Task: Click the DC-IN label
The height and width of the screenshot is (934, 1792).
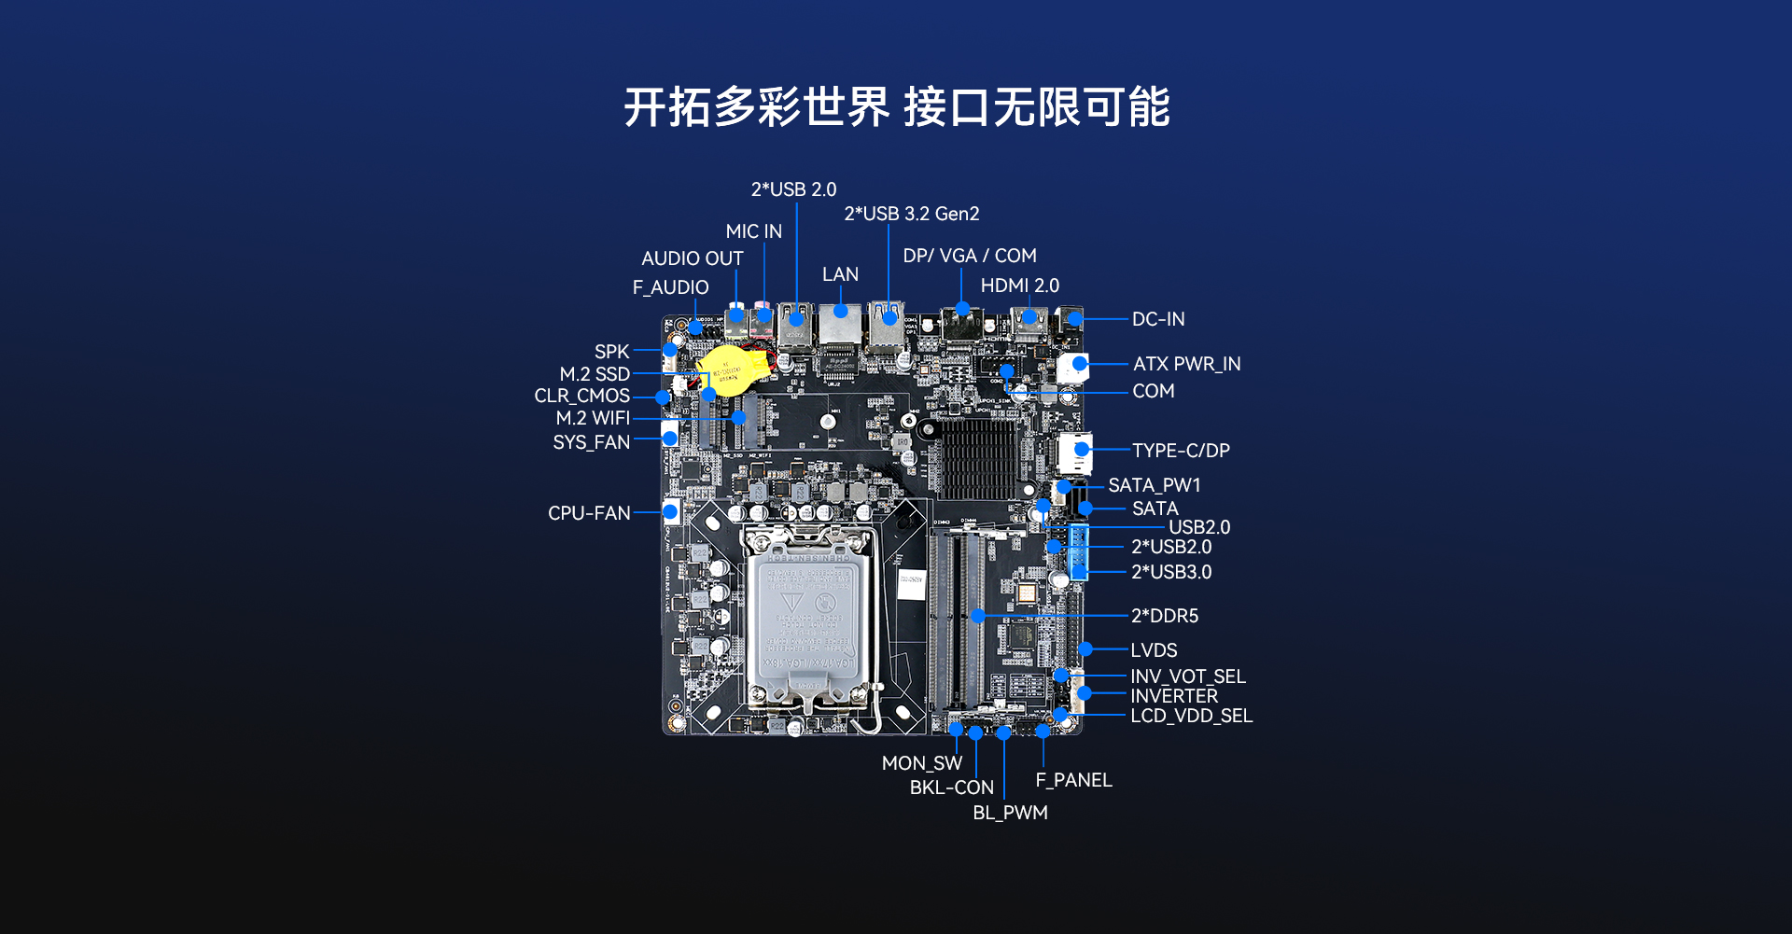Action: point(1158,319)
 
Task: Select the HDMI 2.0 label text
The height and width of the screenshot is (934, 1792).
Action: point(1020,286)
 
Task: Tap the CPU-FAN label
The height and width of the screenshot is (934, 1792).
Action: point(589,513)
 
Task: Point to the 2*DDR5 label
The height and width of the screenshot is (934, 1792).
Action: point(1165,616)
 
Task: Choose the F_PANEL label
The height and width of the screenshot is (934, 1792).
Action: point(1073,780)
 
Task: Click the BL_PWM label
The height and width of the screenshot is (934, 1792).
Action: point(1010,813)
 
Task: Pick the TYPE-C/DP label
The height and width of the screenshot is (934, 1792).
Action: point(1181,451)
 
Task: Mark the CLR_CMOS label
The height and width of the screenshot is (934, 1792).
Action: point(581,396)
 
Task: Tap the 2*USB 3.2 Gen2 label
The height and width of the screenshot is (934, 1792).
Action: point(912,214)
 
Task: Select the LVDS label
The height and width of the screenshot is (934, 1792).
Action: point(1154,650)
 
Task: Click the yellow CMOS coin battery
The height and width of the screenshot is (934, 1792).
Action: point(734,372)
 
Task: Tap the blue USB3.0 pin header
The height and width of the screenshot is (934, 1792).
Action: point(1079,551)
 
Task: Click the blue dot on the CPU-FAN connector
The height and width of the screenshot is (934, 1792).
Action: point(669,511)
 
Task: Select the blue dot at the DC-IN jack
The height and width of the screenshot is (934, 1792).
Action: point(1074,319)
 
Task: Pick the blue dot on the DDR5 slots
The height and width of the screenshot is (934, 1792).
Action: point(977,616)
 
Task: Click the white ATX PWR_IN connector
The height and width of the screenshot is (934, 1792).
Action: point(1073,367)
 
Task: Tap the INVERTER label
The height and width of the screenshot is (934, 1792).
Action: point(1174,696)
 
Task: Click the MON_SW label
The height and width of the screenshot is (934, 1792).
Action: point(922,763)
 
